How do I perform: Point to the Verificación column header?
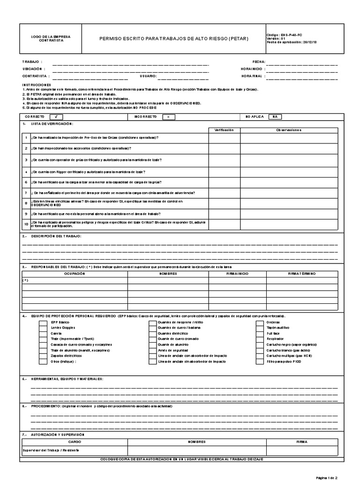point(224,130)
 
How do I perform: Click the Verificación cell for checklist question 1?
point(224,137)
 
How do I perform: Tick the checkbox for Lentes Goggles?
point(43,328)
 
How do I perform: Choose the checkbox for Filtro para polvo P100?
point(259,362)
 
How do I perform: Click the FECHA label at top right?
point(259,61)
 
